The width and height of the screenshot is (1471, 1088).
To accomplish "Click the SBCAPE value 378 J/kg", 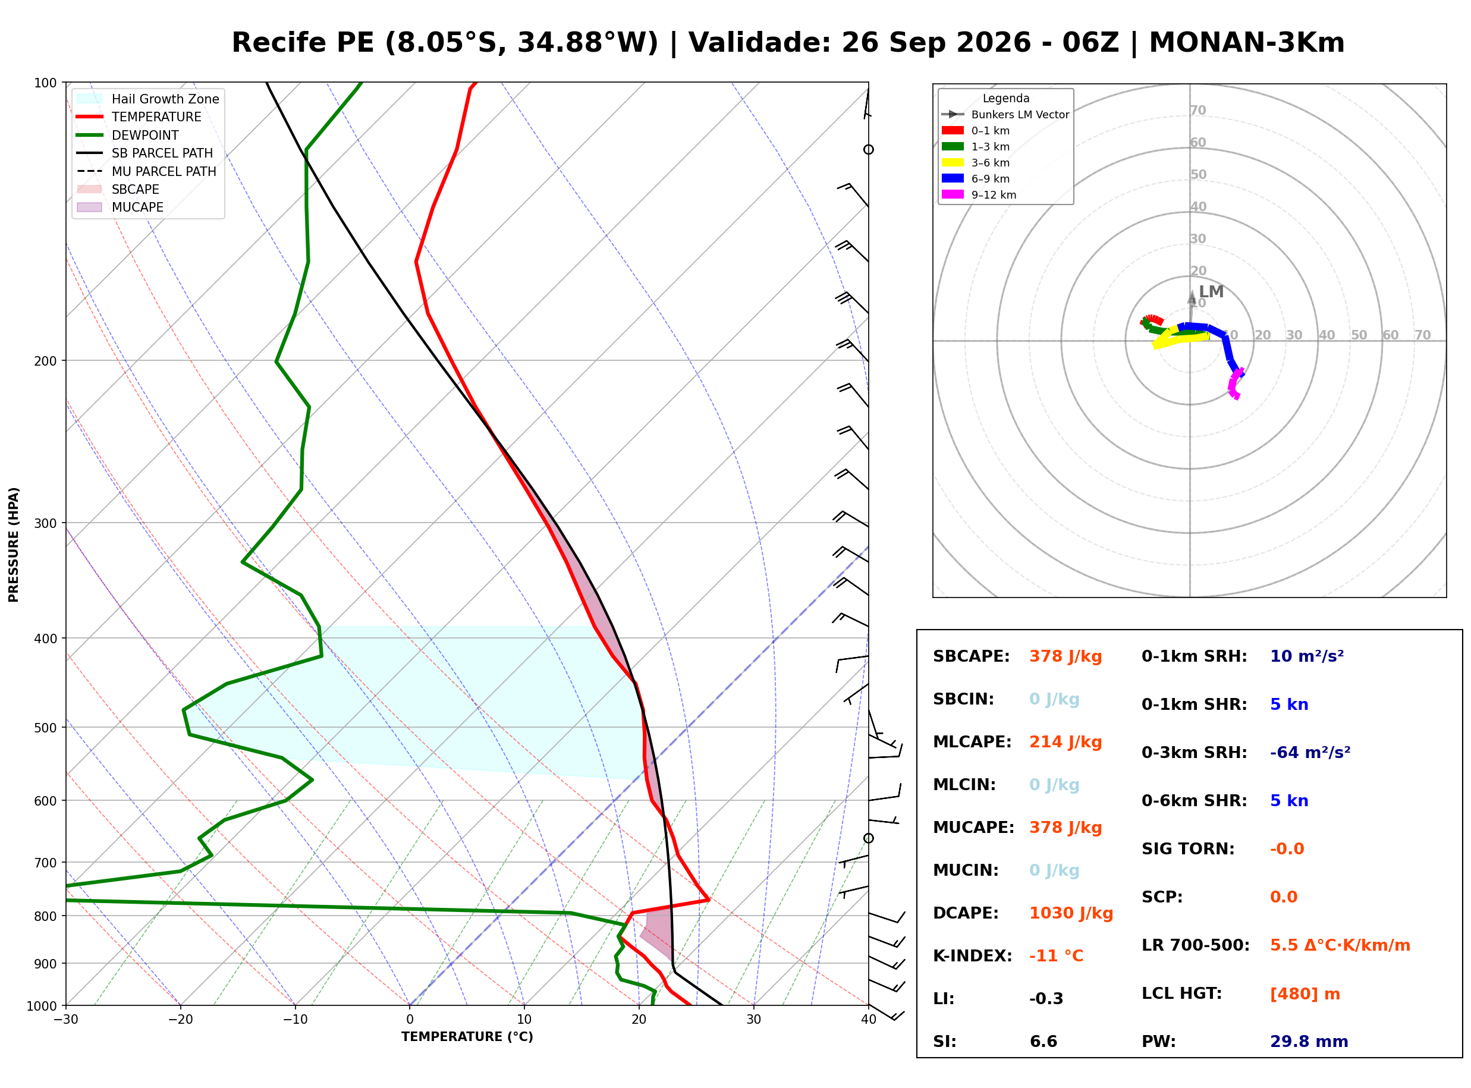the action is (1065, 656).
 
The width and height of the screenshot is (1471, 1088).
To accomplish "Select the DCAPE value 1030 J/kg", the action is (1071, 913).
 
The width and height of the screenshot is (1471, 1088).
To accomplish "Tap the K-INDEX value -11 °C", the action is (1056, 956).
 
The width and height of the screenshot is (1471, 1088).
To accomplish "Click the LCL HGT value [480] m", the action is (1305, 994).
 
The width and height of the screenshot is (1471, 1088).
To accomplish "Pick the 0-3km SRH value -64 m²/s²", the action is (1310, 752).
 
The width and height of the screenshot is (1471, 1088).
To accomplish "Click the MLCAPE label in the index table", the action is (972, 742).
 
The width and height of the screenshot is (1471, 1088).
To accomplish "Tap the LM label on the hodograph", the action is (1211, 292).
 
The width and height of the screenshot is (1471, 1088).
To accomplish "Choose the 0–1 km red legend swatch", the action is (952, 130).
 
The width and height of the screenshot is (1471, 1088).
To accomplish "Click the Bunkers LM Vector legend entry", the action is (1005, 115).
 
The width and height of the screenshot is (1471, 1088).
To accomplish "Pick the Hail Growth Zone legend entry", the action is (148, 99).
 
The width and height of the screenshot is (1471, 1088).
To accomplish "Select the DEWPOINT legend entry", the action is (128, 135).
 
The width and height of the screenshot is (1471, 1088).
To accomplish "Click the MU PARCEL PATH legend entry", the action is (146, 171).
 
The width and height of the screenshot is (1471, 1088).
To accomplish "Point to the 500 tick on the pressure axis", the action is (45, 728).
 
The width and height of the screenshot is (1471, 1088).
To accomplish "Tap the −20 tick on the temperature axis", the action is (180, 1020).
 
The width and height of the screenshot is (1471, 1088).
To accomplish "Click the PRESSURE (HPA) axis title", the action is (14, 544).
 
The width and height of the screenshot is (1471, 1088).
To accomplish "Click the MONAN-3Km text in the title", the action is (1246, 43).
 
